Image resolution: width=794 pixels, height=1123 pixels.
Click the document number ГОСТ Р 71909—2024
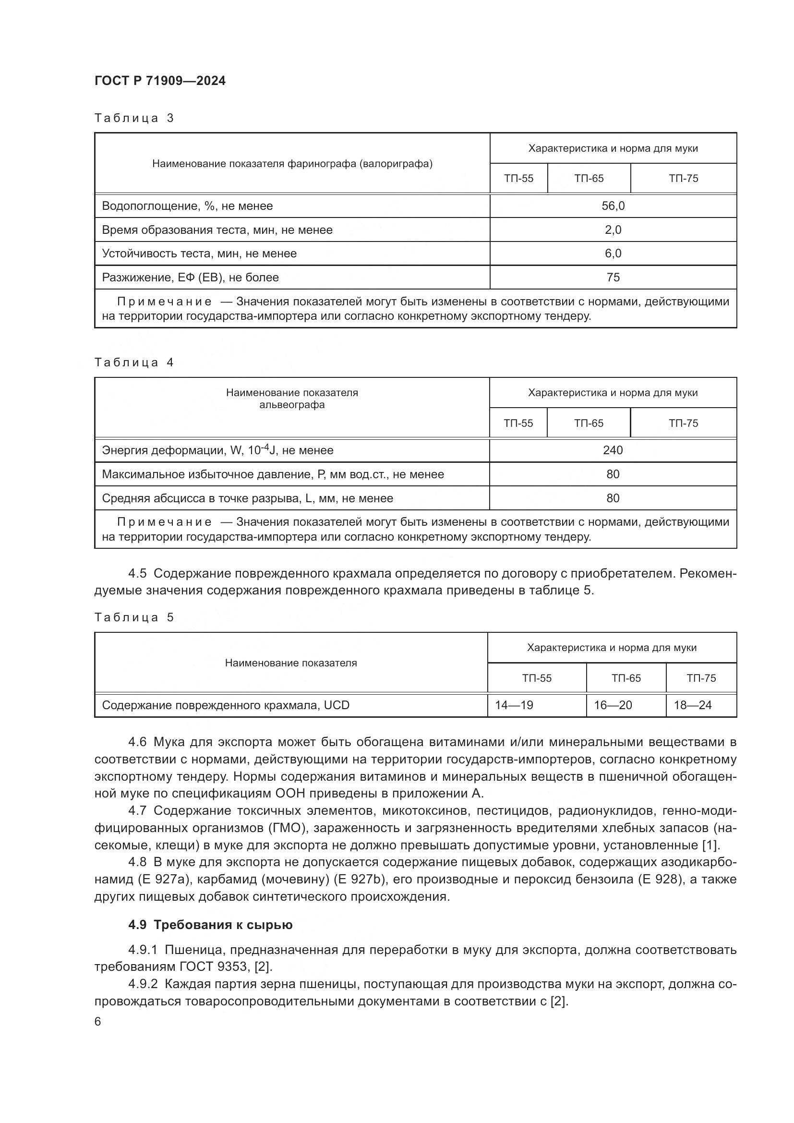click(160, 81)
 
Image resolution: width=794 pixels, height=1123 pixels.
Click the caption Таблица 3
click(134, 118)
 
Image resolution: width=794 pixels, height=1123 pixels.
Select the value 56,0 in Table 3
click(613, 206)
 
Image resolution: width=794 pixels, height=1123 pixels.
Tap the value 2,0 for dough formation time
click(613, 230)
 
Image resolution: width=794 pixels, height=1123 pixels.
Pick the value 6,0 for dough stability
click(613, 254)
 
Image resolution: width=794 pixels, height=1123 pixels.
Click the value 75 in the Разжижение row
click(613, 278)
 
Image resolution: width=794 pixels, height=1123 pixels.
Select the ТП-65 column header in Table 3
click(589, 179)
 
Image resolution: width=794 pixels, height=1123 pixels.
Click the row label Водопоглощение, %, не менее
click(187, 206)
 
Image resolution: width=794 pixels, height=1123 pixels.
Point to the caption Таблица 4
click(134, 362)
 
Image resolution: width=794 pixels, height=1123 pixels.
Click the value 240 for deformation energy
click(613, 450)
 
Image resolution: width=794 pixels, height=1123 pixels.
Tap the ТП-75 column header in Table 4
click(683, 423)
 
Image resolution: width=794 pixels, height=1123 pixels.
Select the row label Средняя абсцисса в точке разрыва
click(247, 498)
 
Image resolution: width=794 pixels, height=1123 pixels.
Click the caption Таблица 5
click(134, 617)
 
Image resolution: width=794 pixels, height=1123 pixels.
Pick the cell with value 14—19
click(514, 705)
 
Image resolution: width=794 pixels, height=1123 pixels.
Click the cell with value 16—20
click(613, 705)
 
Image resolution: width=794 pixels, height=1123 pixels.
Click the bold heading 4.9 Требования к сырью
click(210, 925)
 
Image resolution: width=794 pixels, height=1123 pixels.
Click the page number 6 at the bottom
click(98, 1022)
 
